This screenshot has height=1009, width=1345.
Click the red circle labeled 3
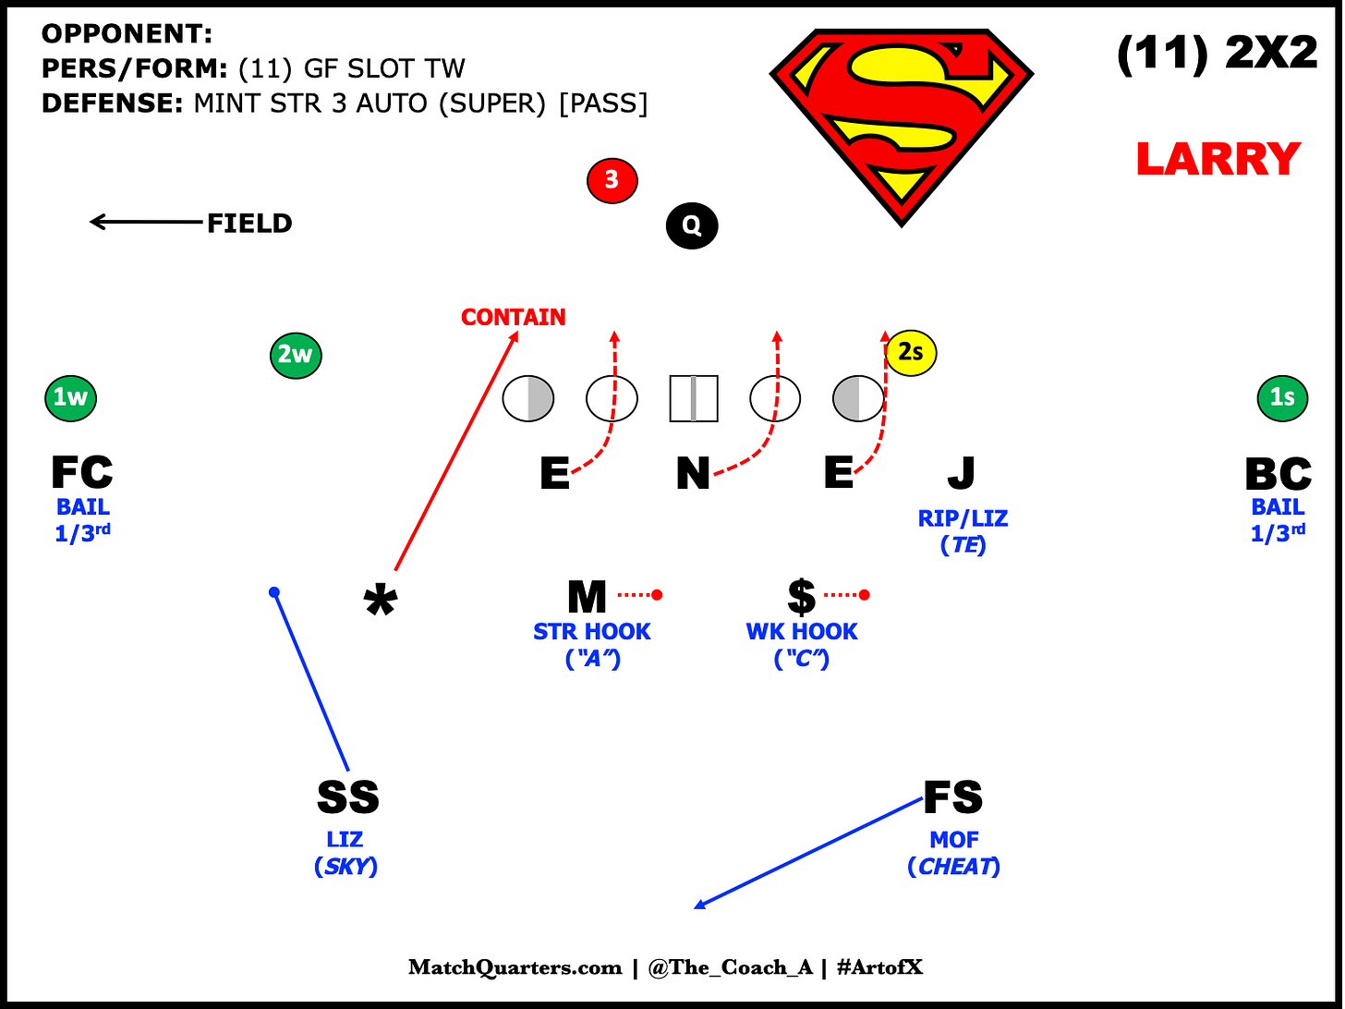click(x=612, y=180)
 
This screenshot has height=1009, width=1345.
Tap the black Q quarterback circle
click(x=692, y=225)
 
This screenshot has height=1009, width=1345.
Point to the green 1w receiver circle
click(x=71, y=397)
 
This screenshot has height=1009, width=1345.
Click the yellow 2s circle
click(x=911, y=352)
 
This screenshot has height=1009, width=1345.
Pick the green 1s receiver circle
click(x=1282, y=397)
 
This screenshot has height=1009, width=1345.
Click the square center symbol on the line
click(x=693, y=398)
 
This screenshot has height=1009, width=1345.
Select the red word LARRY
click(x=1218, y=160)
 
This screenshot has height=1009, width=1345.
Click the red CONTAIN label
click(x=514, y=317)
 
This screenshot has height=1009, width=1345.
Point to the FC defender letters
click(x=82, y=473)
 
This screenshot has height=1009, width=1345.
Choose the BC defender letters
click(x=1278, y=473)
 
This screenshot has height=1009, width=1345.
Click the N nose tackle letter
click(x=693, y=474)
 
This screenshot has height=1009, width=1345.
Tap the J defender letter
click(x=962, y=473)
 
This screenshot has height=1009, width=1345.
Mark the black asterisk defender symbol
click(x=381, y=602)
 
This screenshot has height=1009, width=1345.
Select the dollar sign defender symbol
click(x=802, y=597)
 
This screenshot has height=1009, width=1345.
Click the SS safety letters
click(x=347, y=797)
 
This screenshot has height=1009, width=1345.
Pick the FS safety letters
click(x=953, y=797)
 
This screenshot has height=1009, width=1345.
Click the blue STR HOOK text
click(x=592, y=632)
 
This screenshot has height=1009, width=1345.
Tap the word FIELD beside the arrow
click(x=249, y=224)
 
